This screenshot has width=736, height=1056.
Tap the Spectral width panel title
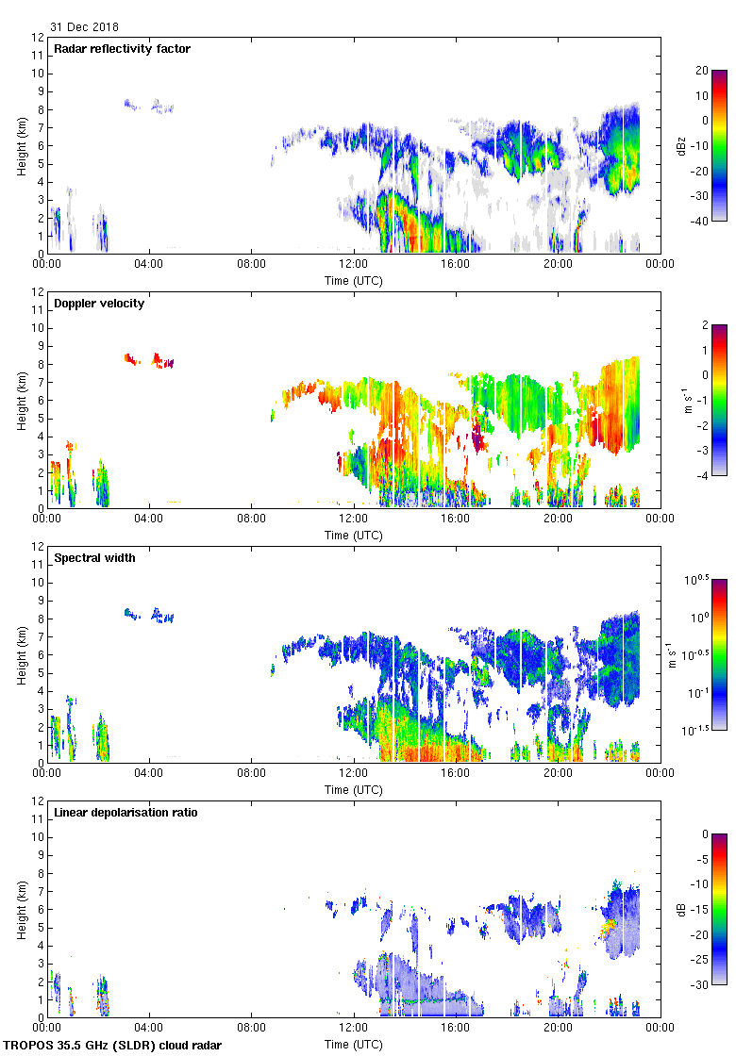94,558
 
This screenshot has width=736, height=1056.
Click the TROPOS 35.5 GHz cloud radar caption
113,1046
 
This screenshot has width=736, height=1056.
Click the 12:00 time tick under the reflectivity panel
354,264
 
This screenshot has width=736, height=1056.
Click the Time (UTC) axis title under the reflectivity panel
354,280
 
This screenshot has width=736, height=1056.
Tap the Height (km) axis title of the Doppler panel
21,400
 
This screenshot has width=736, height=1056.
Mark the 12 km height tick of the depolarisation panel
39,800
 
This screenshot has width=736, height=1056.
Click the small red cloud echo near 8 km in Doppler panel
132,358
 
